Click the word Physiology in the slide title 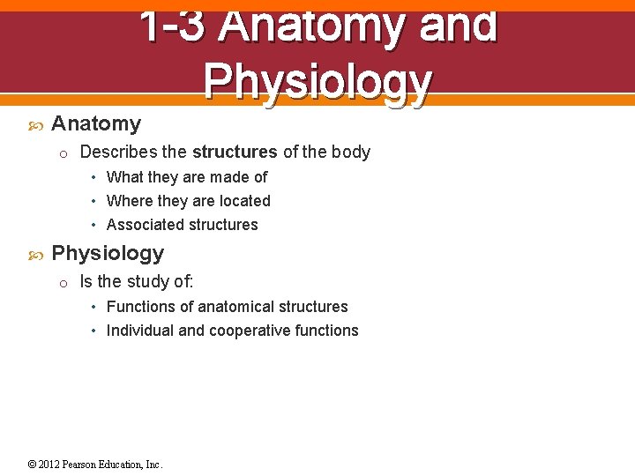point(317,82)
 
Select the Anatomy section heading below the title point(96,124)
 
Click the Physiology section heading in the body point(108,254)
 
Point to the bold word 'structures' point(235,152)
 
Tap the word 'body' point(351,152)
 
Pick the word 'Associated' point(144,225)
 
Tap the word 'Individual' point(140,331)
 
